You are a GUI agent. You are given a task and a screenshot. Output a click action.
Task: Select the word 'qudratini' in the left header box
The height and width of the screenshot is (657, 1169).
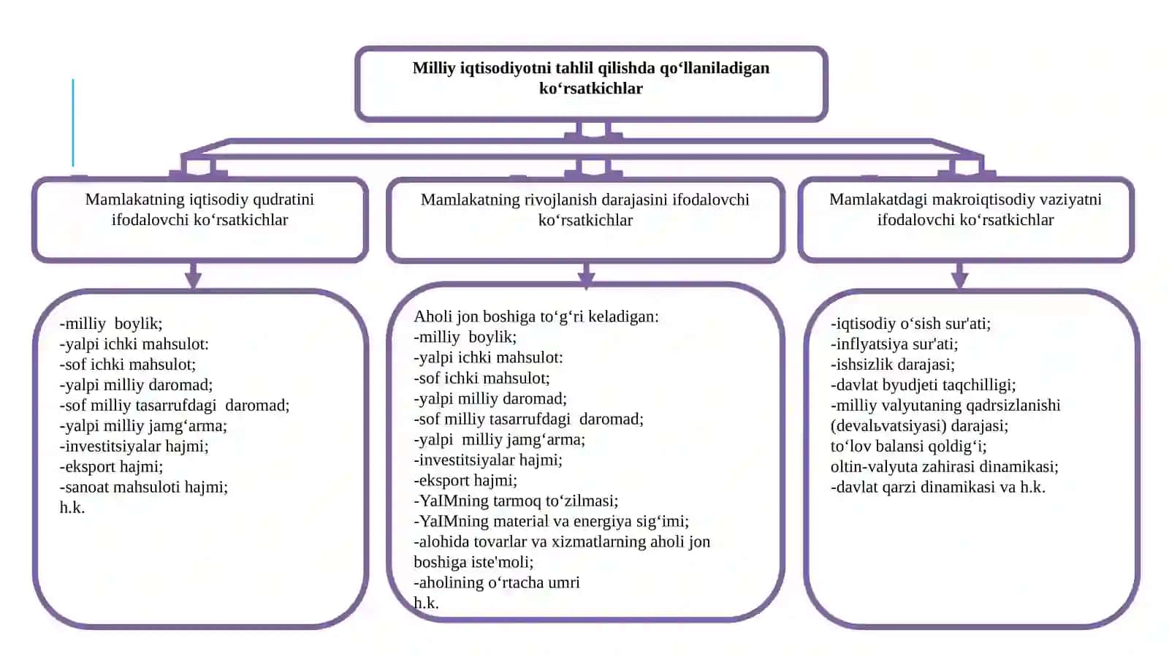[283, 200]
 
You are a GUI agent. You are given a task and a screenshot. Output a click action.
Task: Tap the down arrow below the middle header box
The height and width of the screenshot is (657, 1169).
[586, 275]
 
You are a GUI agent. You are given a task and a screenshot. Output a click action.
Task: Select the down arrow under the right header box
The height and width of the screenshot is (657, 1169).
[960, 275]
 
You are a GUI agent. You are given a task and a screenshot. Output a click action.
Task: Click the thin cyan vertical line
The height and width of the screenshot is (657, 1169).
[73, 123]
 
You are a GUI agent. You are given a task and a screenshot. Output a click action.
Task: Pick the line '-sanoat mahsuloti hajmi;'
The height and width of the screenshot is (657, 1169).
[144, 487]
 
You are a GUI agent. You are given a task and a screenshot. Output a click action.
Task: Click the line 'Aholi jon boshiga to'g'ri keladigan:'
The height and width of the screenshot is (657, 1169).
[536, 316]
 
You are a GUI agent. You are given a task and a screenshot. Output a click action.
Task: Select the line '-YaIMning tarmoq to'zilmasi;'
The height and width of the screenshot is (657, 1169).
[516, 501]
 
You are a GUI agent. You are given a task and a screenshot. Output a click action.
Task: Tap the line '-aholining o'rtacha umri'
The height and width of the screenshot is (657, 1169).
[497, 582]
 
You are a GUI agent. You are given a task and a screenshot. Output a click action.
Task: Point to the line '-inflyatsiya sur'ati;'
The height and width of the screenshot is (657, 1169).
[894, 344]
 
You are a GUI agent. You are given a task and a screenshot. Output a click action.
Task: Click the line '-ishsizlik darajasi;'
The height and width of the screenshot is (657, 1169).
[893, 365]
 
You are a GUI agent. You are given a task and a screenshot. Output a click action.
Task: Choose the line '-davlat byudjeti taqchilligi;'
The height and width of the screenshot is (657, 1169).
[924, 385]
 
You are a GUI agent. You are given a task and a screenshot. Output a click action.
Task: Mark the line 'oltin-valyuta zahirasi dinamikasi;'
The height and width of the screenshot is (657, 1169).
[945, 466]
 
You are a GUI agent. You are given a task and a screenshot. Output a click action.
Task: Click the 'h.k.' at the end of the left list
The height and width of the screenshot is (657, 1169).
[72, 508]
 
